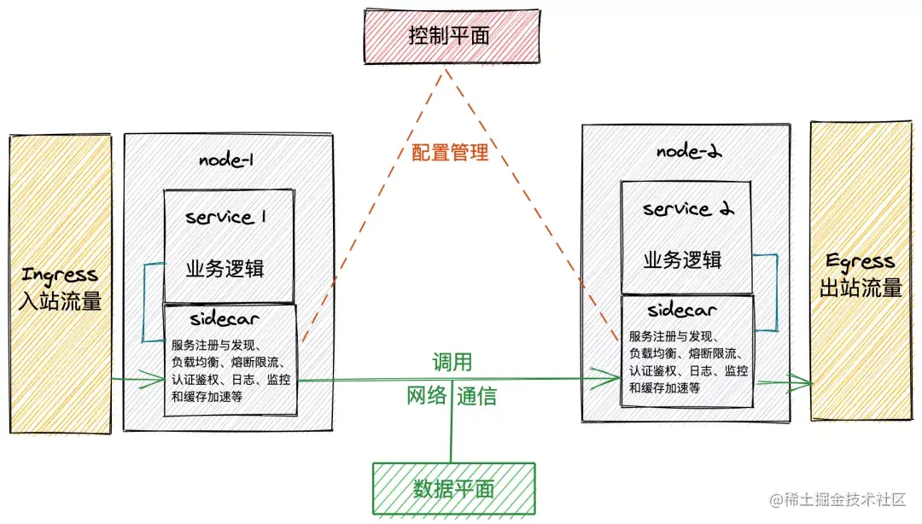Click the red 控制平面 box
tap(451, 36)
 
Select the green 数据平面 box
tap(453, 489)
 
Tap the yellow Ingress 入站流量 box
tap(61, 284)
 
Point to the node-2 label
tap(689, 151)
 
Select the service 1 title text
tap(226, 217)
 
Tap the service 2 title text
tap(688, 209)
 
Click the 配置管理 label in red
tap(449, 153)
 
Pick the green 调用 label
tap(452, 362)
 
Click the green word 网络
tap(426, 396)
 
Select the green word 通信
tap(476, 396)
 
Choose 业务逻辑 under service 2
tap(682, 259)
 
